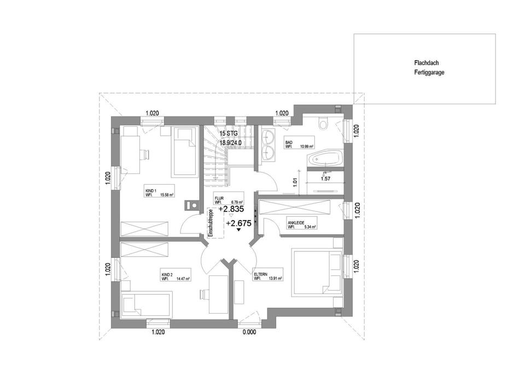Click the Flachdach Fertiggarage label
click(429, 67)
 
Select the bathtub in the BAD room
click(325, 160)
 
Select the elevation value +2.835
click(231, 209)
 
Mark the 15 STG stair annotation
click(228, 133)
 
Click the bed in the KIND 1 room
click(184, 152)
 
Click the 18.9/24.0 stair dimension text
click(231, 143)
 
